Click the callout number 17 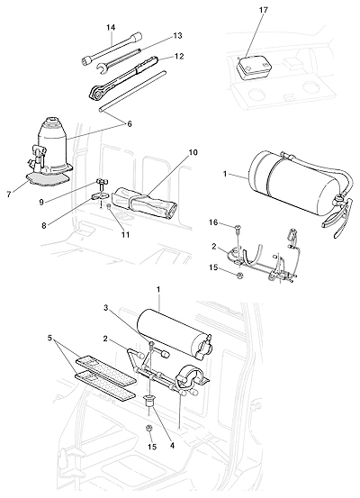point(263,10)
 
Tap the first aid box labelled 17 point(254,68)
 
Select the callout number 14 point(111,28)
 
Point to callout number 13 point(178,36)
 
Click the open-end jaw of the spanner point(102,68)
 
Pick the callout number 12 point(179,56)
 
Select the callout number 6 point(130,124)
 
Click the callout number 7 point(9,195)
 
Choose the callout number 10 point(193,152)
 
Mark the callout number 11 point(125,235)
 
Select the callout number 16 point(213,222)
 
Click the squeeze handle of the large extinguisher point(337,217)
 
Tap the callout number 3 point(106,307)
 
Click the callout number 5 point(49,338)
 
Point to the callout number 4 point(172,446)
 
